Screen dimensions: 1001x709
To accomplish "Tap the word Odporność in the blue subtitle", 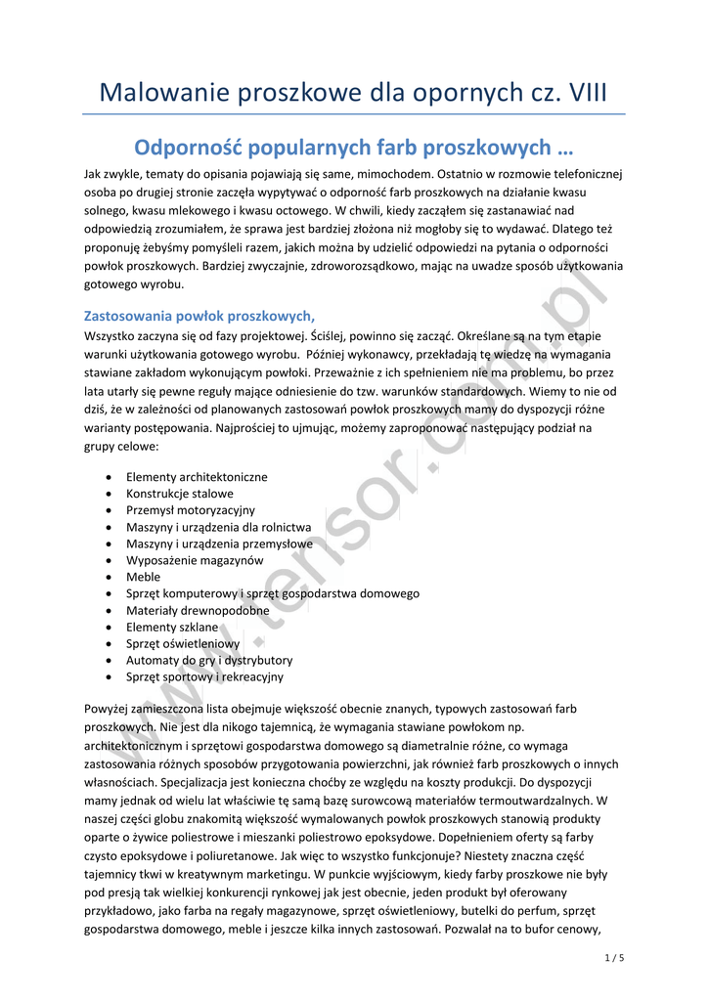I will click(186, 149).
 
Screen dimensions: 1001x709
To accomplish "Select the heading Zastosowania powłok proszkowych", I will click(199, 316).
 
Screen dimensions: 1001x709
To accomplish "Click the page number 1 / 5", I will click(614, 957).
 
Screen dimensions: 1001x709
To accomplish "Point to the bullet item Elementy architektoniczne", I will click(197, 477).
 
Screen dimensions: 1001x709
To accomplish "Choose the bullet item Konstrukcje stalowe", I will click(180, 494).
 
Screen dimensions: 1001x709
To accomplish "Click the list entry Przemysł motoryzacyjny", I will click(191, 510).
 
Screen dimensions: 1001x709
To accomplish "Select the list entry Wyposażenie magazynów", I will click(195, 560).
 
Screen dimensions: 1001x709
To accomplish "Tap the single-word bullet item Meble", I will click(143, 577).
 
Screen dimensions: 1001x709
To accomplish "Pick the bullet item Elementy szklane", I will click(172, 627).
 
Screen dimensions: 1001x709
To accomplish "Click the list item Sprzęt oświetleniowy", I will click(183, 643).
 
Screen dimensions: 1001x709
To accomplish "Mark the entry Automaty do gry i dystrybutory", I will click(209, 660).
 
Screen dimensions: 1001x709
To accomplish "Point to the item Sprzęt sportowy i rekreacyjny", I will click(204, 676).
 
